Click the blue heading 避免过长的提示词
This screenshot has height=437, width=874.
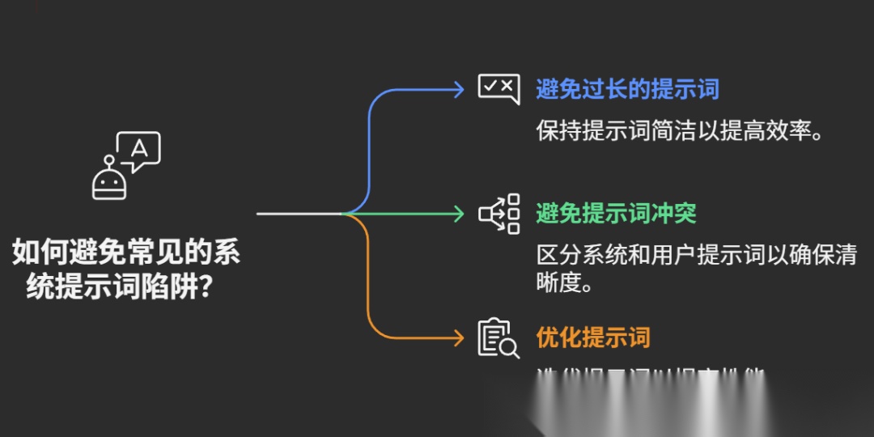[x=627, y=89]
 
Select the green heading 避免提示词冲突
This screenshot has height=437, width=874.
[x=616, y=214]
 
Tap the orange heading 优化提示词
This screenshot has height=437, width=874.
[x=592, y=337]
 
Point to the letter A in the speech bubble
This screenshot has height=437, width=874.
[x=139, y=148]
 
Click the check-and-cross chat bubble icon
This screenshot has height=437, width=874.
[x=498, y=88]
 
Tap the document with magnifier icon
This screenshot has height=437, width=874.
[x=499, y=338]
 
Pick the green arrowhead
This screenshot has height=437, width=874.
[x=460, y=214]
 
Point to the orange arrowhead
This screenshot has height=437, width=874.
[x=460, y=337]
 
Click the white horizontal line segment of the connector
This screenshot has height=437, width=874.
[x=299, y=214]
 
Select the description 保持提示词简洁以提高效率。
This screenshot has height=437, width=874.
[x=680, y=130]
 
